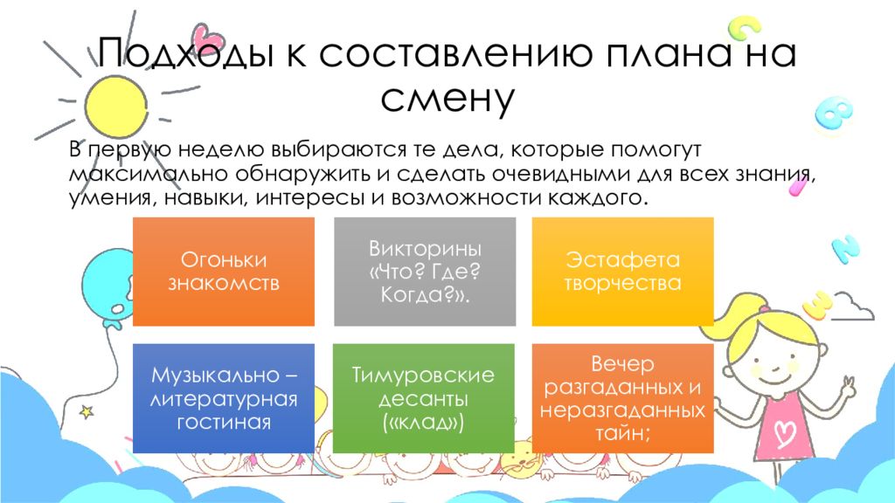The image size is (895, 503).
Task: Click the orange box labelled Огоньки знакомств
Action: (x=223, y=272)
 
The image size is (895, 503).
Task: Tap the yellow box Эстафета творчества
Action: (x=622, y=272)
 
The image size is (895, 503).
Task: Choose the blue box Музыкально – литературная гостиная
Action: (x=223, y=398)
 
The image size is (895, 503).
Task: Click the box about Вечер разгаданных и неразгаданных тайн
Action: (x=622, y=398)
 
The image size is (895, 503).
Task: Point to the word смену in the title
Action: (x=447, y=99)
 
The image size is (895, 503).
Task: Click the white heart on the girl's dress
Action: (x=781, y=430)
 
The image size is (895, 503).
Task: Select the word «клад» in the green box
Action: (x=422, y=423)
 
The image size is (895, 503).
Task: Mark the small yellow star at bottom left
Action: (x=86, y=409)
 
